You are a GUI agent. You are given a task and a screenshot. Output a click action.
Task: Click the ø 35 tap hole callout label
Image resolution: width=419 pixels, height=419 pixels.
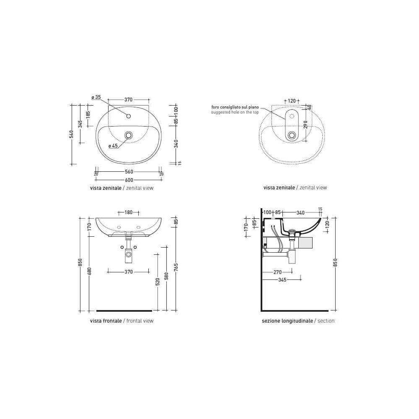[x=96, y=97]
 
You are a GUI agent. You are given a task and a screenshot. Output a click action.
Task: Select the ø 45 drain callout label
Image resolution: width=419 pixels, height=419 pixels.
[x=113, y=146]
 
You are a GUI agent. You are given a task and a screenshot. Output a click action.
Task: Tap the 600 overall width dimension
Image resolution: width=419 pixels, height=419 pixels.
[x=129, y=180]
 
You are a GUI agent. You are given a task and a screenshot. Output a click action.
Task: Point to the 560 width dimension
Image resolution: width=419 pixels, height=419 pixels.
[x=129, y=171]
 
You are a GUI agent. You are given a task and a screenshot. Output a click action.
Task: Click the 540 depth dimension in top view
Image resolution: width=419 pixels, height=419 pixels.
[x=71, y=134]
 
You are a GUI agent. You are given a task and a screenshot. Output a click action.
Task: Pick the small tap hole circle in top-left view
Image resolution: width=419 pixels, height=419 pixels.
[x=129, y=116]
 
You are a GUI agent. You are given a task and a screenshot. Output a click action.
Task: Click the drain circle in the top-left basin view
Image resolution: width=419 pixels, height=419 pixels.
[x=129, y=135]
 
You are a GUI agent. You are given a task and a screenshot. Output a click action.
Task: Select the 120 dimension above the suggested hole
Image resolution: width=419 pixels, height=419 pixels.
[x=292, y=101]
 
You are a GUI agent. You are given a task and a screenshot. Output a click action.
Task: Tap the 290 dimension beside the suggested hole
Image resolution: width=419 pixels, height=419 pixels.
[x=306, y=124]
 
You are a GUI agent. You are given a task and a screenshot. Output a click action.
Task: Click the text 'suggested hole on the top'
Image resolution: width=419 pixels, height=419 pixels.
[x=235, y=112]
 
